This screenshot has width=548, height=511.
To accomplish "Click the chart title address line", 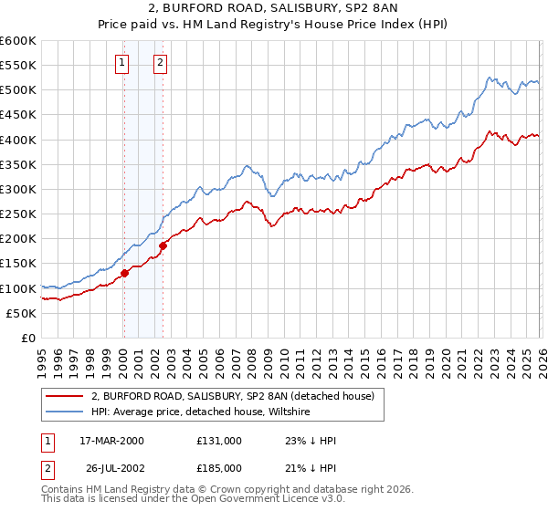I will point(274,8).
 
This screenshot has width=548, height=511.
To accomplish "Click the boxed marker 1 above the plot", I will point(122,63).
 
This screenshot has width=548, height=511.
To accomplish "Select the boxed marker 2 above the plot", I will point(160,63).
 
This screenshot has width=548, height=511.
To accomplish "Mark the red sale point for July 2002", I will point(163,245).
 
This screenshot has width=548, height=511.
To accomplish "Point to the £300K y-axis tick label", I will point(18,189).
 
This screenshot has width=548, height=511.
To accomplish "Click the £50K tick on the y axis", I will point(22,313).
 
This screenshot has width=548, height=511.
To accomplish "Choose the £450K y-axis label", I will point(18,115).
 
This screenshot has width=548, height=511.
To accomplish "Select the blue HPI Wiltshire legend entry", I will point(201,412).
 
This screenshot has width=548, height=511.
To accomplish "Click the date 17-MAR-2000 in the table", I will point(116,441).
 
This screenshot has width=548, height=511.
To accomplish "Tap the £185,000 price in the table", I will point(219,467).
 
